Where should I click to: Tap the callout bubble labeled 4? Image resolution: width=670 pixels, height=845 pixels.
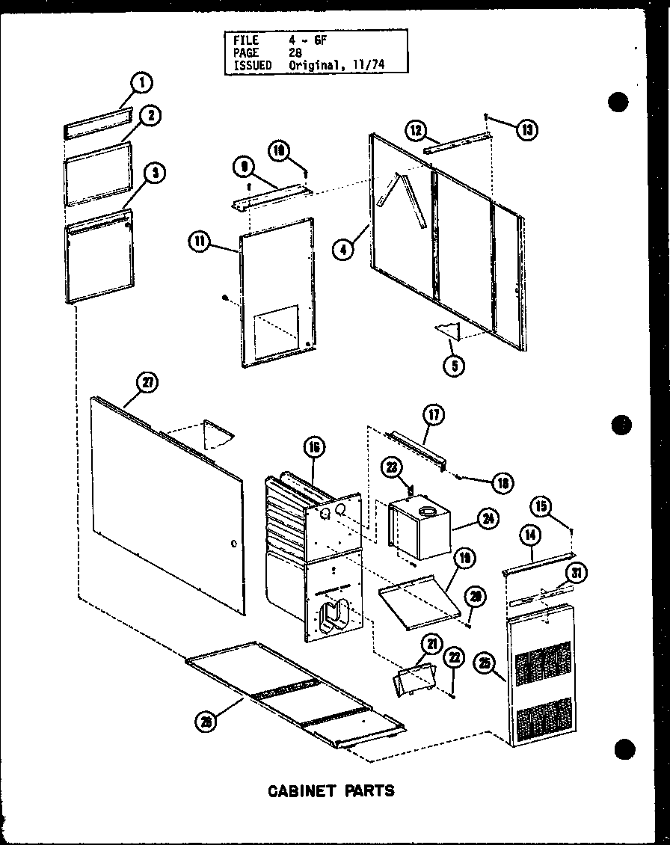click(343, 249)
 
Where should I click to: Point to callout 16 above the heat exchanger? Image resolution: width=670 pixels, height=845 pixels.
click(313, 448)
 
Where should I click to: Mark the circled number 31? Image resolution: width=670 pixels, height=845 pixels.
click(576, 574)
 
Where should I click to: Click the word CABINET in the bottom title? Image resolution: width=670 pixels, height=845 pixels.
click(299, 790)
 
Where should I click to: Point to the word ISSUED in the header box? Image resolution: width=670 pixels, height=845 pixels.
click(251, 66)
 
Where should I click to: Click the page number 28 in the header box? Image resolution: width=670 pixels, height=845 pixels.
click(295, 53)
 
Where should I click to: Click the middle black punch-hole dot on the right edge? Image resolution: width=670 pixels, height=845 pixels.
click(620, 425)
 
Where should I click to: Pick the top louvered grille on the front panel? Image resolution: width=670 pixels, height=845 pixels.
click(543, 662)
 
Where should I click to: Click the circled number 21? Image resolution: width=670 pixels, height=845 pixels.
click(431, 643)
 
